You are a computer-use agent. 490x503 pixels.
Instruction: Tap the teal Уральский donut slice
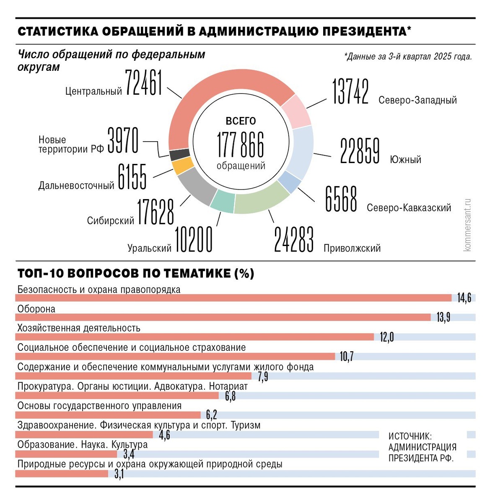click(222, 202)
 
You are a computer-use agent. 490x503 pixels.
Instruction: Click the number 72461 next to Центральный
click(143, 83)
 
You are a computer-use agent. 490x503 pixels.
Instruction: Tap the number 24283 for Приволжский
click(293, 240)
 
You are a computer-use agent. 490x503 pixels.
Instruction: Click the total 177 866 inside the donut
click(241, 145)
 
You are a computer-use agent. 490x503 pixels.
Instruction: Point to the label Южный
click(405, 160)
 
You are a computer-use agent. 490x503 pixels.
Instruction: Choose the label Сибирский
click(111, 220)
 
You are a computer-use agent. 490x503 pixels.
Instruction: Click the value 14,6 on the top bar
click(464, 298)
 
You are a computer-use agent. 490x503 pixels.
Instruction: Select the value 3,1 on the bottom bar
click(119, 474)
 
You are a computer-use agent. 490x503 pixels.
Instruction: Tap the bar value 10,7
click(346, 357)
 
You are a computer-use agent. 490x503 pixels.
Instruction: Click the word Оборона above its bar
click(36, 309)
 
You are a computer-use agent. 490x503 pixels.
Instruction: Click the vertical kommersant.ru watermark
click(468, 225)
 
